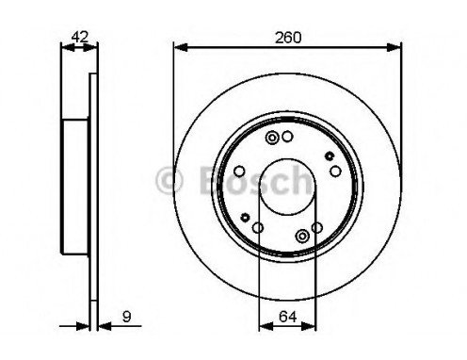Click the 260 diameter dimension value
pos(288,38)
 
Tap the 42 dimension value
pos(79,37)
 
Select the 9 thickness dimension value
pos(126,317)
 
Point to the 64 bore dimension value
pos(287,317)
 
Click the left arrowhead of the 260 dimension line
pos(181,48)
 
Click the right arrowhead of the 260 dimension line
pos(395,48)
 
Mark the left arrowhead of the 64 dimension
pos(266,326)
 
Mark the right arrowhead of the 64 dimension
pos(309,326)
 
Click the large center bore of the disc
pos(287,187)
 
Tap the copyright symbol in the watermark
pos(169,181)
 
